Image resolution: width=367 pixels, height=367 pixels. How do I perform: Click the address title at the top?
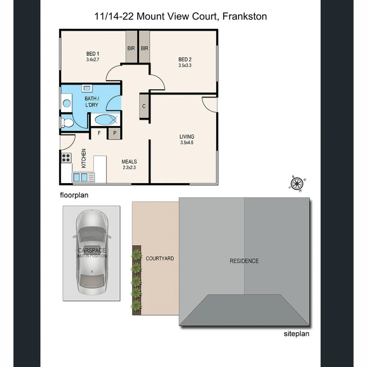[x=180, y=16]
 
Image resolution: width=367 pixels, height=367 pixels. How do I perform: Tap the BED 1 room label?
[x=93, y=54]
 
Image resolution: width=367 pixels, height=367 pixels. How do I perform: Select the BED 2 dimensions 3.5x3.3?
[x=185, y=65]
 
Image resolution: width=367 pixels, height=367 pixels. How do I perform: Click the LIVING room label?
[x=187, y=137]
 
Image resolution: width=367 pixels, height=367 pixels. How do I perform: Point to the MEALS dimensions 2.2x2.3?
[x=129, y=167]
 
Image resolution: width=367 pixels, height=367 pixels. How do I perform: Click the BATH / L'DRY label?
[x=91, y=102]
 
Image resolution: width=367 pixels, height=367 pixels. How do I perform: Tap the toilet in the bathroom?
[x=67, y=123]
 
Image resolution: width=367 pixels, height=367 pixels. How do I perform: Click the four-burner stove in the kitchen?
[x=66, y=157]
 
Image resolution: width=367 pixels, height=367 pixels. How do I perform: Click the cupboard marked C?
[x=144, y=106]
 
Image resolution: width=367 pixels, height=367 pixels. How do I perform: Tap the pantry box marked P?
[x=115, y=133]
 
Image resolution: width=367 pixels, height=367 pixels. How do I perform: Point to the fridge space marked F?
[x=99, y=133]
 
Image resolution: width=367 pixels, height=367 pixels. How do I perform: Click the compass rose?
[x=297, y=183]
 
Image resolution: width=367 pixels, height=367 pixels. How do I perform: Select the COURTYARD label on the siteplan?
[x=160, y=259]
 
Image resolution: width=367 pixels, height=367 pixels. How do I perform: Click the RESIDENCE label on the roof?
[x=244, y=261]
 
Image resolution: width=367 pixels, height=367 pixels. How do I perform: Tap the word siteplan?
[x=296, y=334]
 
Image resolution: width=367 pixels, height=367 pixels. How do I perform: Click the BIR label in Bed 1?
[x=131, y=48]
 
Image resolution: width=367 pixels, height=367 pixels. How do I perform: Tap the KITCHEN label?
[x=84, y=158]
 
